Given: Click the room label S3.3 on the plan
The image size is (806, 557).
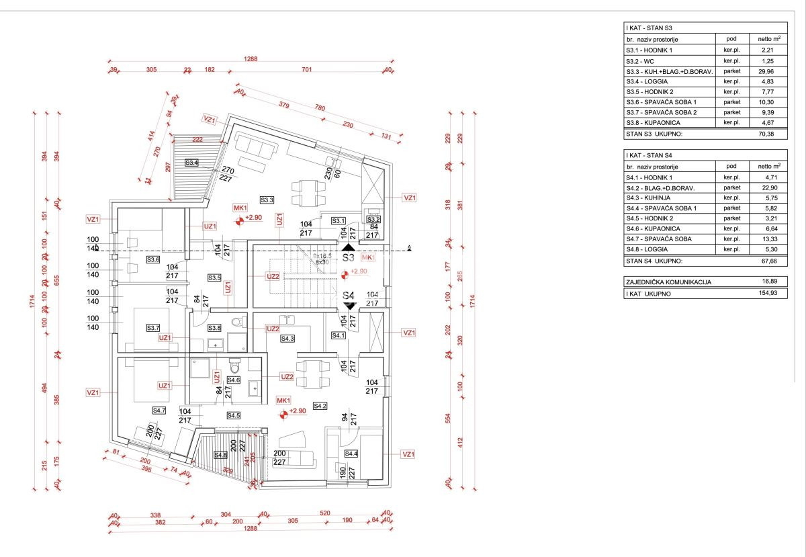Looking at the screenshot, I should click(267, 200).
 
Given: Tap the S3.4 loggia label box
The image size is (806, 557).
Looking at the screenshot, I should click(192, 163).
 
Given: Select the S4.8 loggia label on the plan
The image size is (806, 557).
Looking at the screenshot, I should click(220, 455).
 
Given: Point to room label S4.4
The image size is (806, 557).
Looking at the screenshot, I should click(351, 454).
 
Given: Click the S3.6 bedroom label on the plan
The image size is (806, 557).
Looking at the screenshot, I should click(154, 259).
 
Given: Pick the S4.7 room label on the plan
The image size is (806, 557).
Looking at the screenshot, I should click(159, 410).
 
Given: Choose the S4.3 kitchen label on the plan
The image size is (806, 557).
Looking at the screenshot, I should click(287, 339).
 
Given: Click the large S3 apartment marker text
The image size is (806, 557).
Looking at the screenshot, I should click(348, 257).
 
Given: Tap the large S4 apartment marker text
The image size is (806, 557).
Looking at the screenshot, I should click(348, 295).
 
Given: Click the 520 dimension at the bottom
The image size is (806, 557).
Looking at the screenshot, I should click(325, 513).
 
